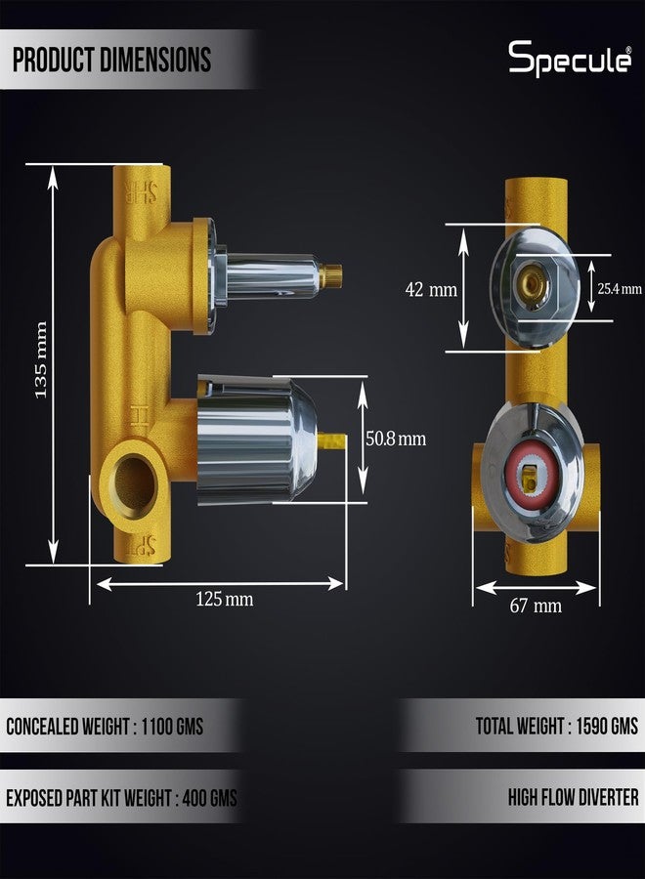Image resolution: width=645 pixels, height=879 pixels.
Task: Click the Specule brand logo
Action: (570, 59)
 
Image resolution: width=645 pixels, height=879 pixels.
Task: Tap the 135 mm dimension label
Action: (41, 359)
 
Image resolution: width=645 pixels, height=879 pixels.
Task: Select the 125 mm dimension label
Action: (225, 600)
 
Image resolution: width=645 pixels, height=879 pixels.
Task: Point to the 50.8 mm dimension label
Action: (396, 439)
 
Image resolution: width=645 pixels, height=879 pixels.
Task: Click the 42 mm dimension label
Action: (431, 290)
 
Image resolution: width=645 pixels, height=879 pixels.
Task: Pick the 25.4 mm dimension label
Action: (620, 289)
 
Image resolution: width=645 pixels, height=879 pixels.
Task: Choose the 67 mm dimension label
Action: (536, 606)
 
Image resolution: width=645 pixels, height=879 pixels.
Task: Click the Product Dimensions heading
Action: (112, 60)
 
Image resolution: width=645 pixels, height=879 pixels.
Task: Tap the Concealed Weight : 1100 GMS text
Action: (105, 727)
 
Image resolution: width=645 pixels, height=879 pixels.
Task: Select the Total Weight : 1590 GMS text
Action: (557, 727)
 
